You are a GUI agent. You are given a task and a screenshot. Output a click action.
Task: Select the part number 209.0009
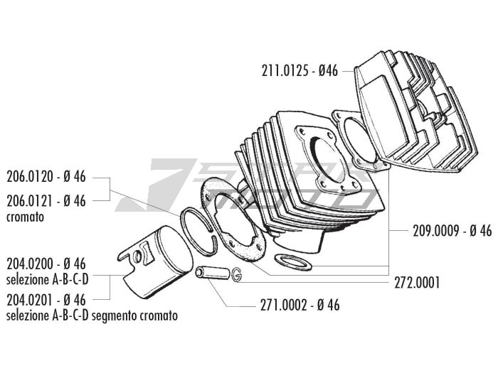436,230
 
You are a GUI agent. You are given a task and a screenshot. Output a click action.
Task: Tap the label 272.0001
417,281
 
